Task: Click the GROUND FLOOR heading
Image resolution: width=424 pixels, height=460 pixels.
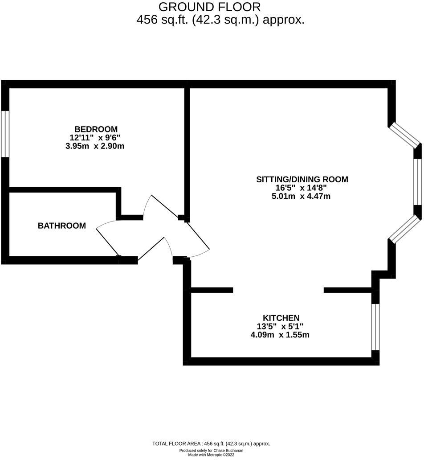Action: pos(209,7)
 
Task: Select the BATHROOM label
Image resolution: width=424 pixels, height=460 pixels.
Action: pos(61,226)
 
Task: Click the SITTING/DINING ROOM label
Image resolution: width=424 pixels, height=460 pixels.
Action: pos(302,179)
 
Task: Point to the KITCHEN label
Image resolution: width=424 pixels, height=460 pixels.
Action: pos(281,318)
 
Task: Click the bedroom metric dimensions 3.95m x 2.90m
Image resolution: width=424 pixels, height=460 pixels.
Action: pos(94,146)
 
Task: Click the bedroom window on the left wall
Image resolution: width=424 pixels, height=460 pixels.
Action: pos(5,134)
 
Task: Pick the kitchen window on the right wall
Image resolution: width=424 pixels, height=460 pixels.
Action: pos(375,327)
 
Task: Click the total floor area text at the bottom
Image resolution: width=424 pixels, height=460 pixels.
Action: pos(211,444)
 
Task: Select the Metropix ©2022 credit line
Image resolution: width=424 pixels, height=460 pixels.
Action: pos(211,455)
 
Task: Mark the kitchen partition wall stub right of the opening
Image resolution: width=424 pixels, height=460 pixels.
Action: pos(348,290)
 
